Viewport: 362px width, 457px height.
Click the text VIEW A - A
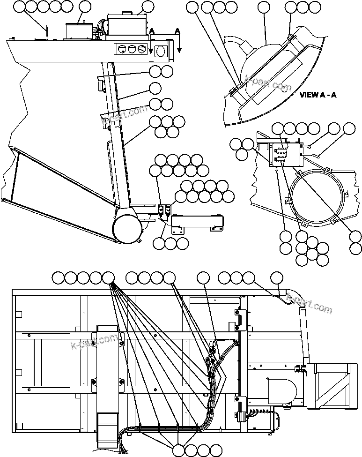point(318,94)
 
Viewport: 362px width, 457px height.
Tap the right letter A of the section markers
point(177,31)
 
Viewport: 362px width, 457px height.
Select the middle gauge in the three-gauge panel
point(132,49)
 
